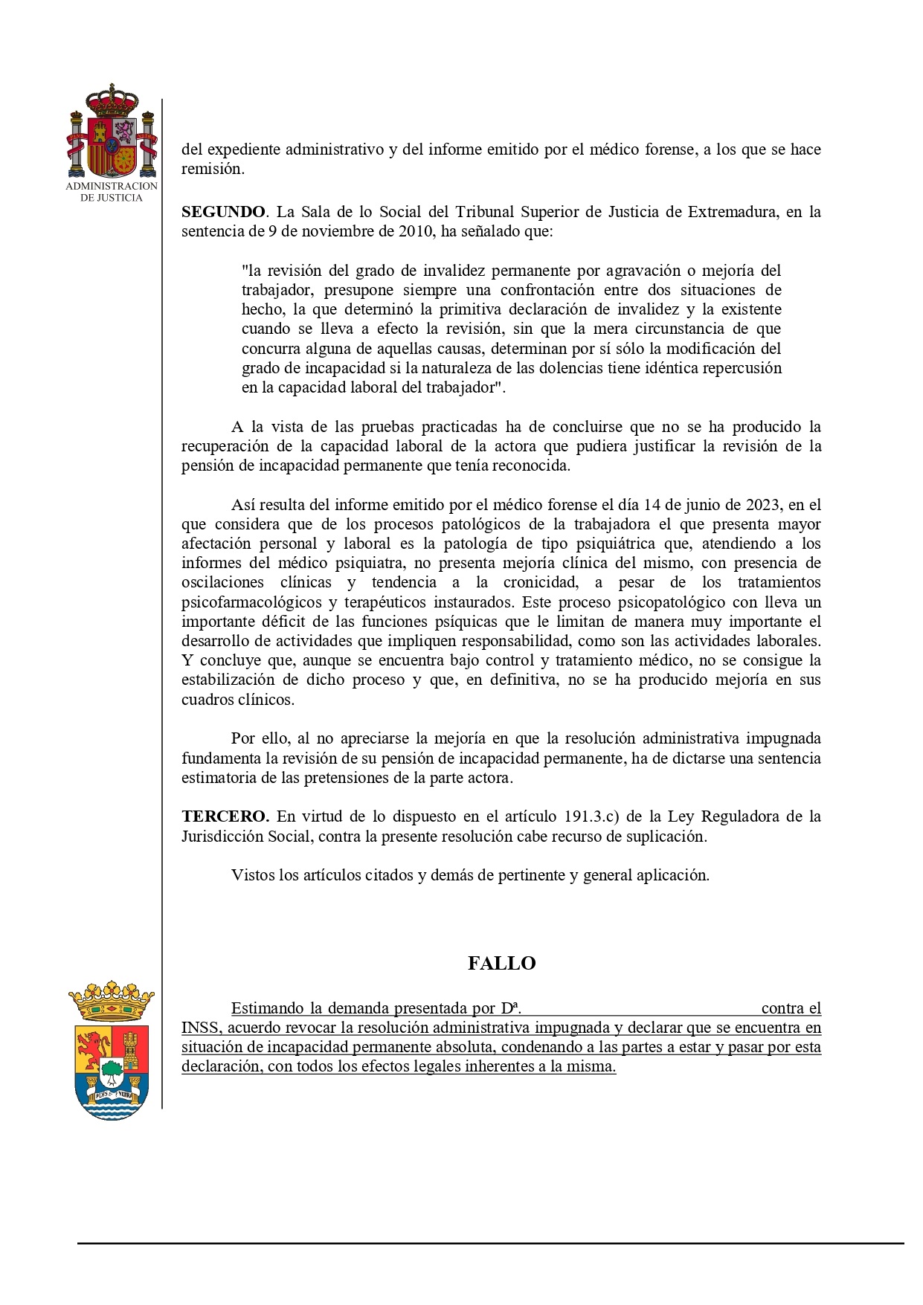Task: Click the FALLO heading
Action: point(501,963)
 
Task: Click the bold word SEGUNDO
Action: point(222,212)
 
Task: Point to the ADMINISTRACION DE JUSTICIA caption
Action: point(112,191)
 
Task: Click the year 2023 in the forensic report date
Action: point(762,505)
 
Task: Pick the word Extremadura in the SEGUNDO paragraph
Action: point(732,212)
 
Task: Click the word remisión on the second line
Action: point(212,169)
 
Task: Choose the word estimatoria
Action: point(219,779)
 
